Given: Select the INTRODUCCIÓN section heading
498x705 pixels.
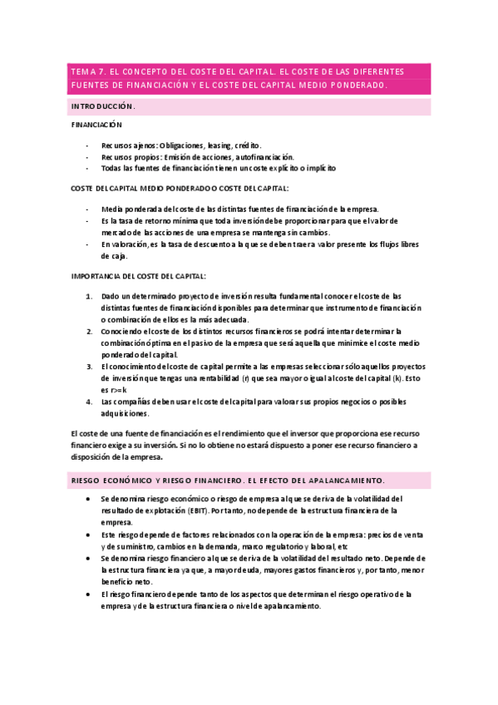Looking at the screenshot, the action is click(102, 107).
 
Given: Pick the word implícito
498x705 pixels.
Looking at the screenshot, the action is click(318, 168).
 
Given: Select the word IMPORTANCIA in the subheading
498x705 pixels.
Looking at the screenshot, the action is click(98, 275).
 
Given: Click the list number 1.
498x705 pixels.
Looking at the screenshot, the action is click(90, 296).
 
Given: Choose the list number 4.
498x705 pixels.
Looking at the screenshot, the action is click(90, 402).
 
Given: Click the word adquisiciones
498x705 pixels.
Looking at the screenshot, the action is click(125, 413).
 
